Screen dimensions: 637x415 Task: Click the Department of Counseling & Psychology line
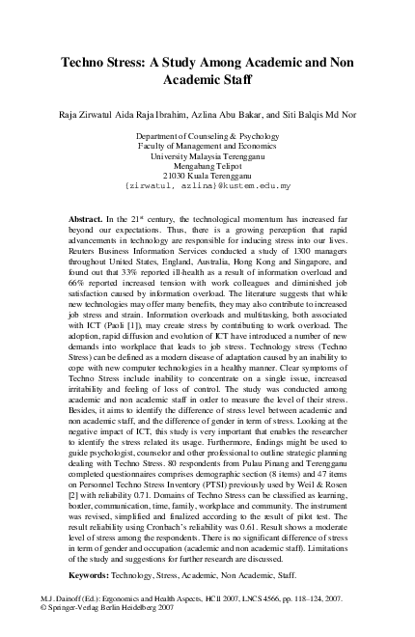pos(207,137)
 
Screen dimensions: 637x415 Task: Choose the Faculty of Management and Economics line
pos(207,148)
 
